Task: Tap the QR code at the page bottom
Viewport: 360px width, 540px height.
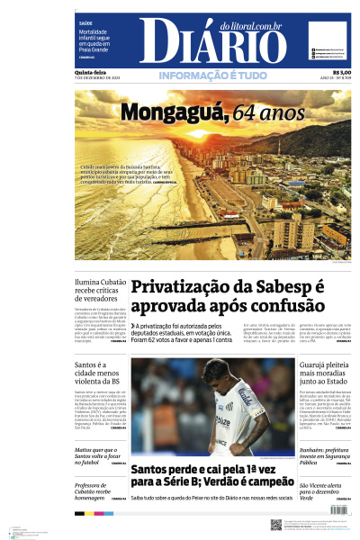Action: (276, 523)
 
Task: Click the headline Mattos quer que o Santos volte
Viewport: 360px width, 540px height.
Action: (96, 454)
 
